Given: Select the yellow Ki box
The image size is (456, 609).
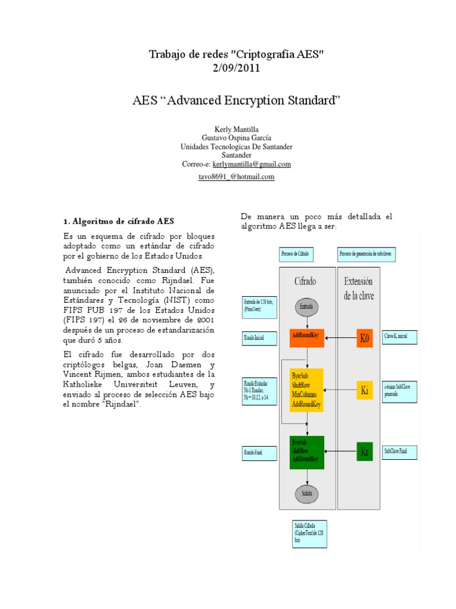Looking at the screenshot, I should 365,391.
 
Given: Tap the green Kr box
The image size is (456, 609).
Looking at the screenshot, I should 365,451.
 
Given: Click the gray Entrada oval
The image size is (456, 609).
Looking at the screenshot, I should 307,307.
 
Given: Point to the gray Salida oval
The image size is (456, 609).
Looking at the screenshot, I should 307,492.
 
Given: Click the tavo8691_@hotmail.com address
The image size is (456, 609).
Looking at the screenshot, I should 236,177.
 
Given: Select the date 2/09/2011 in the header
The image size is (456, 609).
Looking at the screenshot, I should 236,68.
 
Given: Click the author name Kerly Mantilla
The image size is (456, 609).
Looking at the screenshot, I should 236,129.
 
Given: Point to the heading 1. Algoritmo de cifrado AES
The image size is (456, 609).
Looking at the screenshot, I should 119,221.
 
